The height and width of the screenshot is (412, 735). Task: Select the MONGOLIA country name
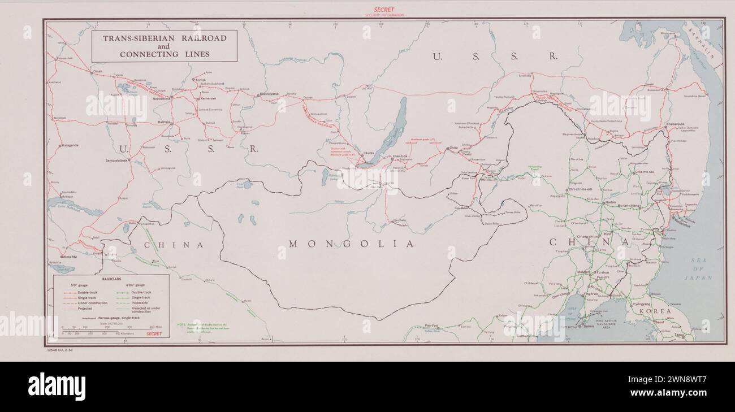click(x=351, y=244)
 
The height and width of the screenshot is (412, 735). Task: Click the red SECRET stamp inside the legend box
click(x=154, y=334)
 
